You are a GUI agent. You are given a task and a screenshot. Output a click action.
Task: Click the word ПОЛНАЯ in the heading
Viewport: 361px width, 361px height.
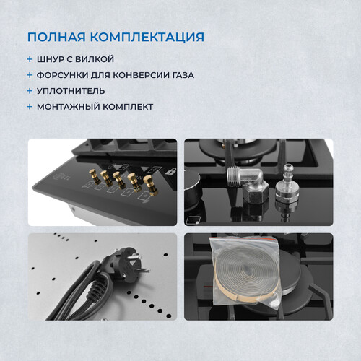[56, 37]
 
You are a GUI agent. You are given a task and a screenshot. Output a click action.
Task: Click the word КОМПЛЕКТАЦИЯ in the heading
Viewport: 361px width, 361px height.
[147, 37]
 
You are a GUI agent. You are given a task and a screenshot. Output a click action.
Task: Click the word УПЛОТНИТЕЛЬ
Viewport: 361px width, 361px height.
[71, 91]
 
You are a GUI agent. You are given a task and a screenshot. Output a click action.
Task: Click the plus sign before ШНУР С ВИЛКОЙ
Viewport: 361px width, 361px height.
[30, 59]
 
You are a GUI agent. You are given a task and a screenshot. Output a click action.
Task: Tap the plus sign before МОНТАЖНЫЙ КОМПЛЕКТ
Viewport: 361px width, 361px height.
[30, 107]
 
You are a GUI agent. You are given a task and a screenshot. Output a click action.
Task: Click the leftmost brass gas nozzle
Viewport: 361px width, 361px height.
[93, 176]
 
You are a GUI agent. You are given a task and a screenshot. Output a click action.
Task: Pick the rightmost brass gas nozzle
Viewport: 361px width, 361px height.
[151, 185]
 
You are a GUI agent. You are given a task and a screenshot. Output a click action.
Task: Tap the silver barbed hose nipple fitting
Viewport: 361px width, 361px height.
[287, 184]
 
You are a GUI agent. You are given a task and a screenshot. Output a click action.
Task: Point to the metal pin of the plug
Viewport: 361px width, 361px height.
[144, 270]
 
